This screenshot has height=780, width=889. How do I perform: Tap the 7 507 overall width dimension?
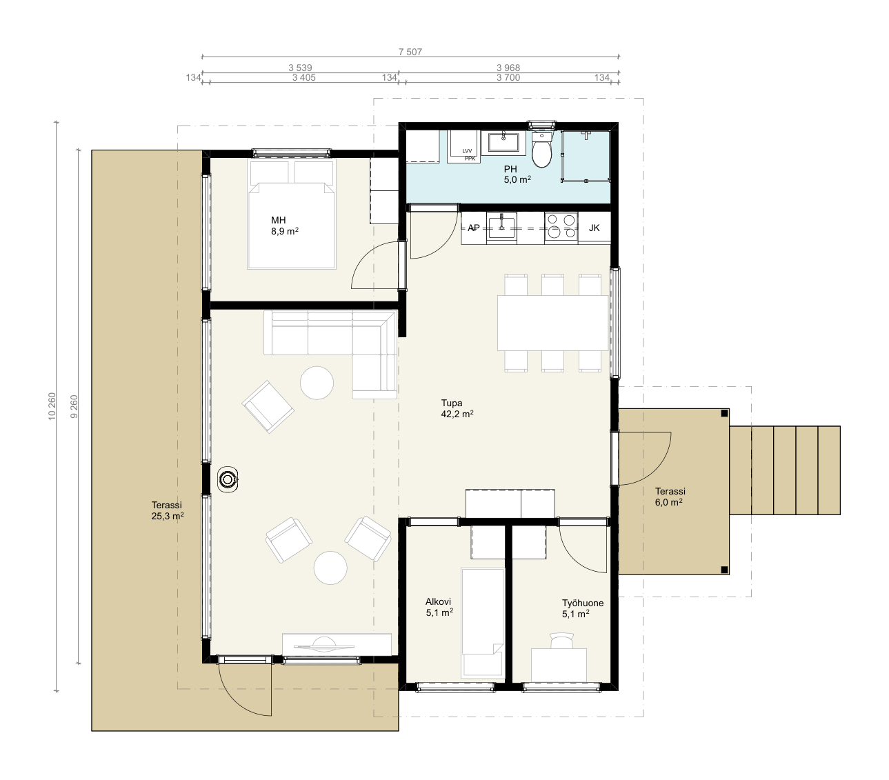[410, 52]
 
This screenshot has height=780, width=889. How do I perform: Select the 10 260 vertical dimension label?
[52, 406]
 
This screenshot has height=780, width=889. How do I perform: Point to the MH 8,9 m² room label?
[284, 226]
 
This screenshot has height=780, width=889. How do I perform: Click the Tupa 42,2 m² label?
[457, 408]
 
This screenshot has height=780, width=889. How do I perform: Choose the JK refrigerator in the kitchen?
[594, 228]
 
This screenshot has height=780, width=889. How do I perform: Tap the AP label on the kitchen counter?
[473, 228]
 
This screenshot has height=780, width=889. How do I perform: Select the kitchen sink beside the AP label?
[501, 226]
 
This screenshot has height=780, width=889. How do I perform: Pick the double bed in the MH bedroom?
[291, 214]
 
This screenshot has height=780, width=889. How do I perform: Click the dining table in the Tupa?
[552, 323]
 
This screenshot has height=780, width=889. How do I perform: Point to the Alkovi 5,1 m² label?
[439, 607]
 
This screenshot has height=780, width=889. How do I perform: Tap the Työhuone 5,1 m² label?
[576, 608]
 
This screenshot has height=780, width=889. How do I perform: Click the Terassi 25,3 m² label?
[167, 510]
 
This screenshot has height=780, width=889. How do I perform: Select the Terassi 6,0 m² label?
[670, 497]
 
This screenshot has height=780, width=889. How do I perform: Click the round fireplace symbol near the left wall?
[228, 479]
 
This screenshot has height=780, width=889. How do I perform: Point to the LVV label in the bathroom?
[467, 151]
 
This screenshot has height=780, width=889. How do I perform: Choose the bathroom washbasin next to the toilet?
[503, 143]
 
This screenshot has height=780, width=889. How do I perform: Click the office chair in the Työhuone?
[561, 640]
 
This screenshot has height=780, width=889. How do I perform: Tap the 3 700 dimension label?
[508, 78]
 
